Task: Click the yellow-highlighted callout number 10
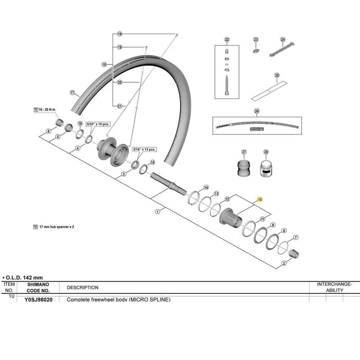click(x=260, y=199)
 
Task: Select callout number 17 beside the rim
click(x=72, y=93)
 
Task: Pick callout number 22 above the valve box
click(x=227, y=40)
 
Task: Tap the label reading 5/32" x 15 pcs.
click(x=97, y=124)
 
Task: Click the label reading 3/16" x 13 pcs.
click(x=144, y=149)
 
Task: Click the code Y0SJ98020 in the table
click(x=38, y=299)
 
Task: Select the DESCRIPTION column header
click(x=82, y=287)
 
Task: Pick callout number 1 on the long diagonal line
click(x=157, y=212)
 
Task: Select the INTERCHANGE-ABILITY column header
click(x=334, y=287)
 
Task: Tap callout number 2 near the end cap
click(x=284, y=264)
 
